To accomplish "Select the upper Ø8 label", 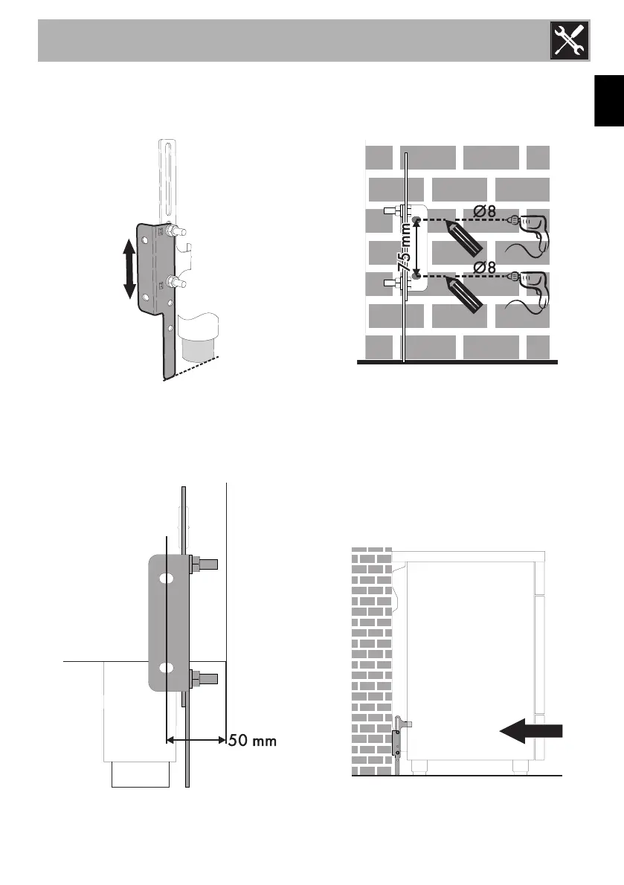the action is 484,210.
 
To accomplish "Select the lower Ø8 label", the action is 484,265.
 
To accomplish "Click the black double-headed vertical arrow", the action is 129,268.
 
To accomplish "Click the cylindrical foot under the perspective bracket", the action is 197,350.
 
